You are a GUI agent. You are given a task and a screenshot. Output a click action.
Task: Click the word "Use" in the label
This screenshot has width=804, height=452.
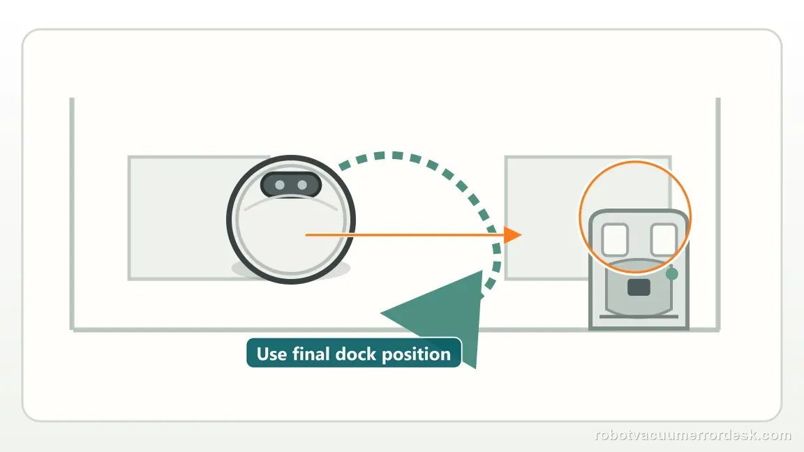click(x=271, y=354)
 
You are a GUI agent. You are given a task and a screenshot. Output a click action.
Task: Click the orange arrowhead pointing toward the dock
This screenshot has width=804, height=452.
click(x=512, y=234)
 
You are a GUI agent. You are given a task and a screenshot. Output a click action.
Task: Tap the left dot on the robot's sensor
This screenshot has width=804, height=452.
click(x=280, y=185)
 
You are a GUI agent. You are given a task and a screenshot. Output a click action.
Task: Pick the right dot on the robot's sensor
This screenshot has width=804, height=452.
click(x=302, y=185)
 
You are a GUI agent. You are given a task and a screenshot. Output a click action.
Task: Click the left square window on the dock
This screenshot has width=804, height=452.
click(x=615, y=239)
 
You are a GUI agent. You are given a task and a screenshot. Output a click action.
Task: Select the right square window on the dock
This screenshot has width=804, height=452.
click(x=664, y=239)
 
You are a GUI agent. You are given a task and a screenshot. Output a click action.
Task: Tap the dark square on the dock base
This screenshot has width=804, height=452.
click(x=639, y=287)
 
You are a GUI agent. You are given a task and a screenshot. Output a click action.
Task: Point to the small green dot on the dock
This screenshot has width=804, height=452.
click(x=671, y=274)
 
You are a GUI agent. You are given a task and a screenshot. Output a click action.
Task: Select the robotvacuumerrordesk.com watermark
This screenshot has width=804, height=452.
click(x=693, y=435)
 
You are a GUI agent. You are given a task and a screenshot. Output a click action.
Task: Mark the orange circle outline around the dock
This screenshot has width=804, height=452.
click(x=579, y=217)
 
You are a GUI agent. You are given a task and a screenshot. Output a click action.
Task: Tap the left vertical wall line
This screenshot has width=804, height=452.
click(x=72, y=213)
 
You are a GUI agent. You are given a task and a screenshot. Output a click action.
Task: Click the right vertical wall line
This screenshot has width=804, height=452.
click(x=718, y=213)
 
